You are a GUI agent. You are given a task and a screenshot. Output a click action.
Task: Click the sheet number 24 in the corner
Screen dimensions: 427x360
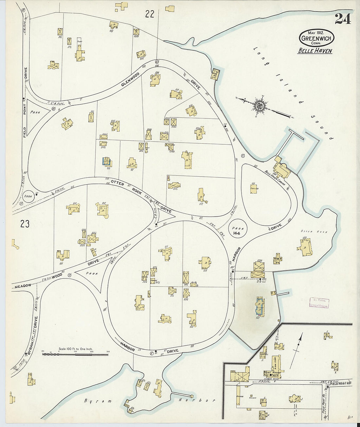coord(343,19)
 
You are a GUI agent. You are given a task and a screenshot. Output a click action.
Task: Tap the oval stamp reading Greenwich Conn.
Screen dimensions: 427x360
coord(316,38)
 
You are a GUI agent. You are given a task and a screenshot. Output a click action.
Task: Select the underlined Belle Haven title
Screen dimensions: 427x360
coord(315,51)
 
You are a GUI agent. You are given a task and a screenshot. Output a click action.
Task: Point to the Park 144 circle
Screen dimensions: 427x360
coord(238,231)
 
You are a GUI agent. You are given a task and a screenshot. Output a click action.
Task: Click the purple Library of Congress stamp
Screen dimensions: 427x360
coord(319,303)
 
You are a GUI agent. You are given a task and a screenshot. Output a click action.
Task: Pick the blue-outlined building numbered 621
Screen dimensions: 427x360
coord(260,306)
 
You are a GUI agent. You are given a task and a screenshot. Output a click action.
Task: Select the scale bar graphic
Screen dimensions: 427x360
coord(75,354)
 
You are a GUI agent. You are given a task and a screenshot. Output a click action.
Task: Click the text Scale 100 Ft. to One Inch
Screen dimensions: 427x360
coord(75,349)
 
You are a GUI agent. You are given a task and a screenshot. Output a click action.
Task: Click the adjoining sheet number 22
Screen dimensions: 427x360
coord(150,14)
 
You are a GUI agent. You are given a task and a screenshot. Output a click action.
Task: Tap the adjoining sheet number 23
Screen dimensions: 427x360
coord(25,224)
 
